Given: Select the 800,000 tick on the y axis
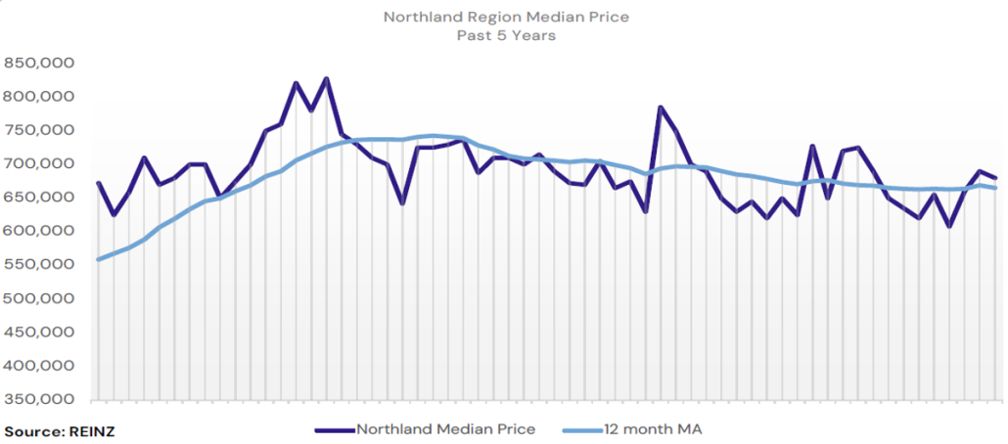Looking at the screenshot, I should (x=40, y=97).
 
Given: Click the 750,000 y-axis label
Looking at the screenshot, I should (x=40, y=130).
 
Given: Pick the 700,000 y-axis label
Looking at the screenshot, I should (x=40, y=163).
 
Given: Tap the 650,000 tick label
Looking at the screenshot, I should (x=40, y=198).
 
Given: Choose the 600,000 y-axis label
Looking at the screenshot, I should (x=40, y=231).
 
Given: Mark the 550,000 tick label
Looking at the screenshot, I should (x=40, y=265).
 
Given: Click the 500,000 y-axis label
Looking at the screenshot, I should (x=40, y=298).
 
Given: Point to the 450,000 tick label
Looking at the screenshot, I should (x=40, y=333).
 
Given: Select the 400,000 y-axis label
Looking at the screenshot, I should (x=40, y=366).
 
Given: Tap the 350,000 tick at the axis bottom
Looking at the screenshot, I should (x=40, y=399).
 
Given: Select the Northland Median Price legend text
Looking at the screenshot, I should (x=445, y=429).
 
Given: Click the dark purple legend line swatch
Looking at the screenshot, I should (x=334, y=429).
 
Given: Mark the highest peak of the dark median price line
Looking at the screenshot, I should (x=327, y=78).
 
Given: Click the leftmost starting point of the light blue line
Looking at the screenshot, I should (x=98, y=259).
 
